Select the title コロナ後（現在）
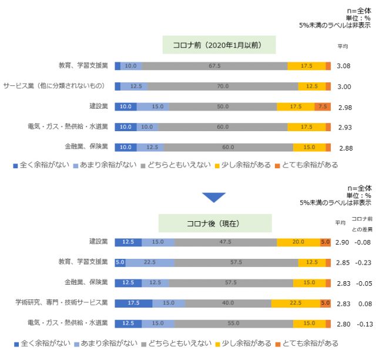[x=214, y=224]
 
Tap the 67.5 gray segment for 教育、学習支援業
[x=214, y=66]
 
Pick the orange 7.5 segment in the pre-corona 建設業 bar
[x=322, y=106]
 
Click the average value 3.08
[x=344, y=66]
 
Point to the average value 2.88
[x=344, y=148]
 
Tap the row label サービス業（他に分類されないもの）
[x=55, y=86]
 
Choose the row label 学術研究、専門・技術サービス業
[x=62, y=303]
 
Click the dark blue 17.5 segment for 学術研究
[x=133, y=303]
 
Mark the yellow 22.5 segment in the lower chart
[x=296, y=303]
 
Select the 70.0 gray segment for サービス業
[x=223, y=86]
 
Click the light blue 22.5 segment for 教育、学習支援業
[x=149, y=262]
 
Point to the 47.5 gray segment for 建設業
[x=225, y=242]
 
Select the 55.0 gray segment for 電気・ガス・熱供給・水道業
[x=234, y=324]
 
